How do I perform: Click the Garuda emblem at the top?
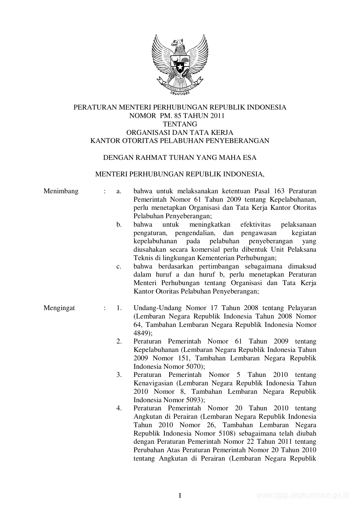[180, 65]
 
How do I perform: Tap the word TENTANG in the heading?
[180, 124]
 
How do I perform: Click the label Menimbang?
[61, 191]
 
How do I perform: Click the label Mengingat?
[59, 308]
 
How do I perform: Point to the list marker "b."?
[119, 225]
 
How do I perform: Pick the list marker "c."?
[119, 266]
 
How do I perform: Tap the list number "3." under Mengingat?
[119, 375]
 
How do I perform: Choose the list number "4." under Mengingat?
[119, 408]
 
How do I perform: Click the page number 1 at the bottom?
[180, 496]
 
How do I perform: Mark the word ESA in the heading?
[250, 158]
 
